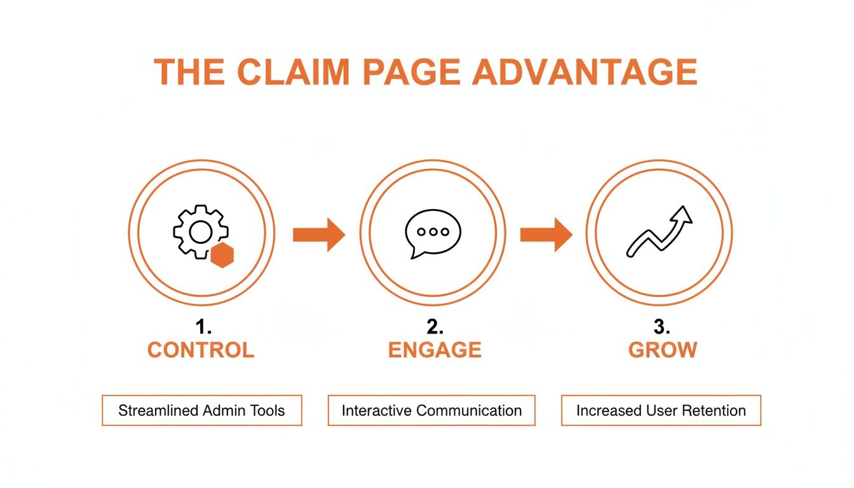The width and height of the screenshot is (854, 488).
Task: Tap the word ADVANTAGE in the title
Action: tap(585, 72)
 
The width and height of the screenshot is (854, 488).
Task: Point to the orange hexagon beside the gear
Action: tap(222, 255)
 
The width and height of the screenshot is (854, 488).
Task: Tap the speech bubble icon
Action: tap(433, 233)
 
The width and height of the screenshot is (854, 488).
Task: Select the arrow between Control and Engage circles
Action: tap(318, 235)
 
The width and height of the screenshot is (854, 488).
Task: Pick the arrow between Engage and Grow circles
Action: tap(546, 235)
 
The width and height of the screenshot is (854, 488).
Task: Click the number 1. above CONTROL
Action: tap(203, 328)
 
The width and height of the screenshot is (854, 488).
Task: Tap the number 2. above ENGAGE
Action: tap(434, 328)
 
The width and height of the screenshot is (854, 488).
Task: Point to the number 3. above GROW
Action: tap(662, 328)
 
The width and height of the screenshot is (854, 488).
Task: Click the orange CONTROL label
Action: tap(201, 350)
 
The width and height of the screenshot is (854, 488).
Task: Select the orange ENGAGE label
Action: tap(435, 350)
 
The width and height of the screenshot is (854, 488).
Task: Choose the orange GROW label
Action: tap(663, 350)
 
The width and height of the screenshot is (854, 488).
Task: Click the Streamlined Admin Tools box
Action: tap(202, 410)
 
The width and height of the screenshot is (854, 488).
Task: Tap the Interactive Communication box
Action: tap(431, 410)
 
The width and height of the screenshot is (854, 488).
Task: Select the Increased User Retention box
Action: tap(661, 410)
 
